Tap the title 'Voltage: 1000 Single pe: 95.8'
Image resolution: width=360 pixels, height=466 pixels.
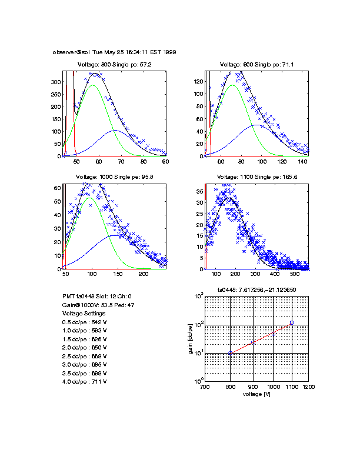click(114, 177)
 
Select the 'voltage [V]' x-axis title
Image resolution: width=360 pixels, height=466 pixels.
click(256, 394)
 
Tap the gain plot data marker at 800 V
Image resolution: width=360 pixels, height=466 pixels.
click(231, 353)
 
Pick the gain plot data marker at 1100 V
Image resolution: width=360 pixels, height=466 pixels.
click(292, 322)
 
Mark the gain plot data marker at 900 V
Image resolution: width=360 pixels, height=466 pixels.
click(253, 342)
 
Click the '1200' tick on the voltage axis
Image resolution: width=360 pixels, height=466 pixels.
click(308, 387)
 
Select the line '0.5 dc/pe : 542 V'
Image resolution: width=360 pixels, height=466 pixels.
click(84, 322)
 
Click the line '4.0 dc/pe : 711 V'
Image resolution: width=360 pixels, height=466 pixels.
click(84, 381)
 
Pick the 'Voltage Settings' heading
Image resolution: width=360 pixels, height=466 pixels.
click(84, 314)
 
